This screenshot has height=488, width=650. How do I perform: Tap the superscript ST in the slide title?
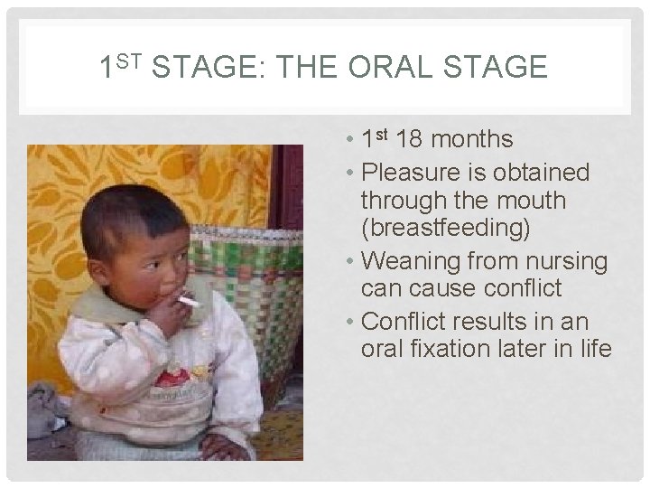pyautogui.click(x=133, y=61)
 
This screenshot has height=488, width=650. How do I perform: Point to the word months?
pyautogui.click(x=475, y=140)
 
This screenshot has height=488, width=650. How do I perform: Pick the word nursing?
pyautogui.click(x=564, y=260)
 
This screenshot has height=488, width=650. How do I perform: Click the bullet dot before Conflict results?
pyautogui.click(x=350, y=320)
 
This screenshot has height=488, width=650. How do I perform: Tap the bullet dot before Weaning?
pyautogui.click(x=350, y=261)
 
